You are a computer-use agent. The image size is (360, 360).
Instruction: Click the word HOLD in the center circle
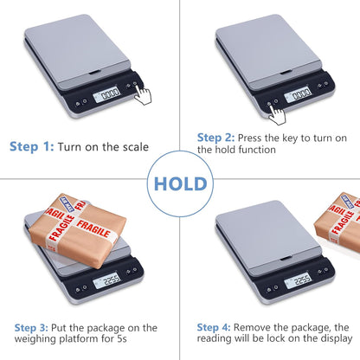click(x=179, y=183)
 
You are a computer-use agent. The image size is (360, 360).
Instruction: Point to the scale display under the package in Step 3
click(x=110, y=279)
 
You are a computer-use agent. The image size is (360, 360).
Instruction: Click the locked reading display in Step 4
click(x=298, y=279)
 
